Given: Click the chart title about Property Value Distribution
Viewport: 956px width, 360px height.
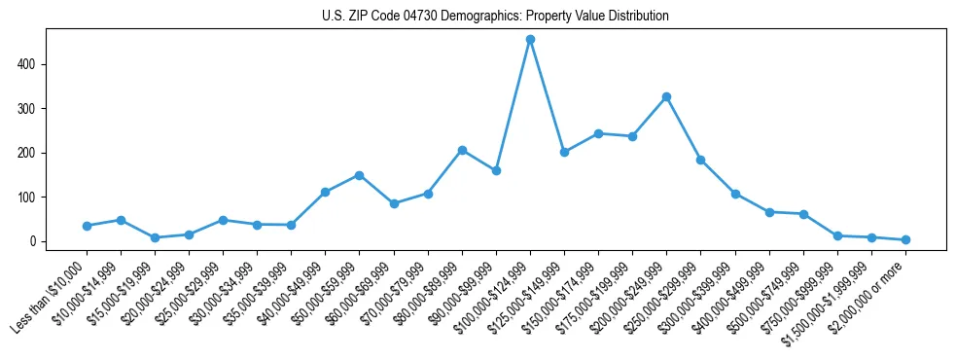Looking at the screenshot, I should click(x=495, y=16).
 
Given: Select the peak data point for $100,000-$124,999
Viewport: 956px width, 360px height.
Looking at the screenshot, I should click(x=530, y=40).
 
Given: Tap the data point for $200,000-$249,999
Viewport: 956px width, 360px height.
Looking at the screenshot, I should click(x=666, y=96).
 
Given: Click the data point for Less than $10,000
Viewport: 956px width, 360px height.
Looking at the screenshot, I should click(x=87, y=226).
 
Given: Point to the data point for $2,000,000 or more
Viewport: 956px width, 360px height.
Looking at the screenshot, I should click(x=905, y=239).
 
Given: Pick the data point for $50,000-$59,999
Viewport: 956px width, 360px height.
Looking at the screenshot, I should click(x=359, y=175).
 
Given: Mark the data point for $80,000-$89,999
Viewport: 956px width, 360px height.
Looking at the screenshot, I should click(x=462, y=150).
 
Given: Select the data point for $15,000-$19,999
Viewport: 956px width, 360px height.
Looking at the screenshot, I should click(x=155, y=237).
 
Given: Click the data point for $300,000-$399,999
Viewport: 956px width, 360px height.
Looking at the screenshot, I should click(x=735, y=194).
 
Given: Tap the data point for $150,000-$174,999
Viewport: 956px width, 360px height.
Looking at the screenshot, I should click(x=598, y=133).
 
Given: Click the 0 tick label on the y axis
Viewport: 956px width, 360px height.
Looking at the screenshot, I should click(x=36, y=241).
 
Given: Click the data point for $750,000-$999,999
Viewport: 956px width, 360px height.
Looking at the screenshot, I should click(x=837, y=235).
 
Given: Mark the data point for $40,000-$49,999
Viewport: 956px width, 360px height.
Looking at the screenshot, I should click(x=325, y=193).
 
